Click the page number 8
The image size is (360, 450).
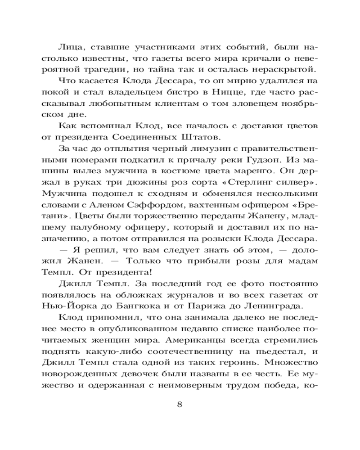click(x=180, y=403)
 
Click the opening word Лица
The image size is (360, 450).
click(x=69, y=46)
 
